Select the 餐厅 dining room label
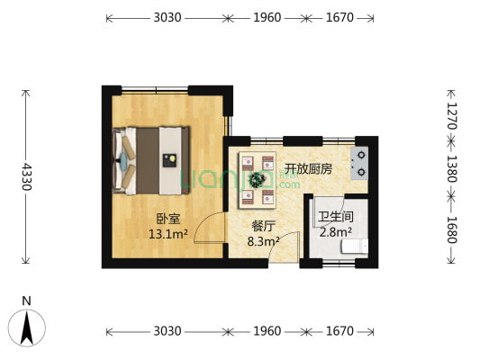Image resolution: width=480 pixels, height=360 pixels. pyautogui.click(x=263, y=226)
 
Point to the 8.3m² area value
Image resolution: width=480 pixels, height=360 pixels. pyautogui.click(x=263, y=241)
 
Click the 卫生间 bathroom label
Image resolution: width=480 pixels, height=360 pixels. pyautogui.click(x=335, y=217)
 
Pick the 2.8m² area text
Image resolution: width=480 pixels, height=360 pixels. pyautogui.click(x=335, y=232)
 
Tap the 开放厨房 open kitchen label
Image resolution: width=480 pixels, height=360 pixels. pyautogui.click(x=309, y=168)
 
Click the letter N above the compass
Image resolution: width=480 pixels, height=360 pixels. pyautogui.click(x=27, y=301)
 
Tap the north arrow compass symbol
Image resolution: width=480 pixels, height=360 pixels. pyautogui.click(x=27, y=327)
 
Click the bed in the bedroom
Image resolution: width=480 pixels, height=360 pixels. pyautogui.click(x=153, y=160)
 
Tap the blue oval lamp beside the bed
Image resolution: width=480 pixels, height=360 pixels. pyautogui.click(x=123, y=160)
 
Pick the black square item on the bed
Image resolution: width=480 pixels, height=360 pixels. pyautogui.click(x=169, y=160)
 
